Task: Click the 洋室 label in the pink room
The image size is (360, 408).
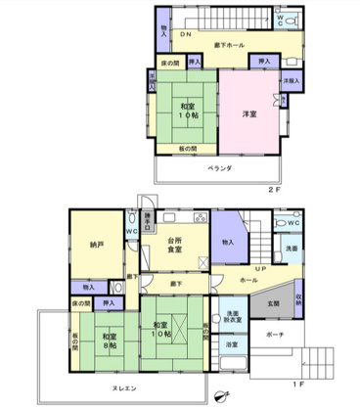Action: [249, 114]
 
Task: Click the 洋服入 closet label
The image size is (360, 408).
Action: [291, 80]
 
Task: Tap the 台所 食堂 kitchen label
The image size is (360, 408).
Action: [175, 245]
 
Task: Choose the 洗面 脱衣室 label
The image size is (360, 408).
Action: [233, 315]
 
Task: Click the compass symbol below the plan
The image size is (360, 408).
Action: [220, 393]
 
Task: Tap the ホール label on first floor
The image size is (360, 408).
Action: [247, 281]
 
